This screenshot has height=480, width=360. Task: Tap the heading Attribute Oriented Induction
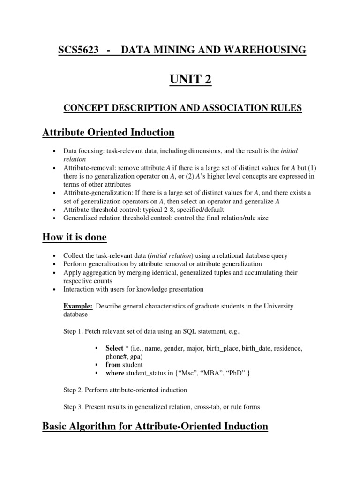tap(108, 133)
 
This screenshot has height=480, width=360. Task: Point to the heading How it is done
tap(75, 237)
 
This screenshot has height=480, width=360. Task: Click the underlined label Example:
tap(78, 306)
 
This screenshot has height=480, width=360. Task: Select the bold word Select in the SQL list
tap(114, 348)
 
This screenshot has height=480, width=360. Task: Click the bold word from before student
tap(113, 364)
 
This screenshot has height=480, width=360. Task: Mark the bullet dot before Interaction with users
tap(55, 289)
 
